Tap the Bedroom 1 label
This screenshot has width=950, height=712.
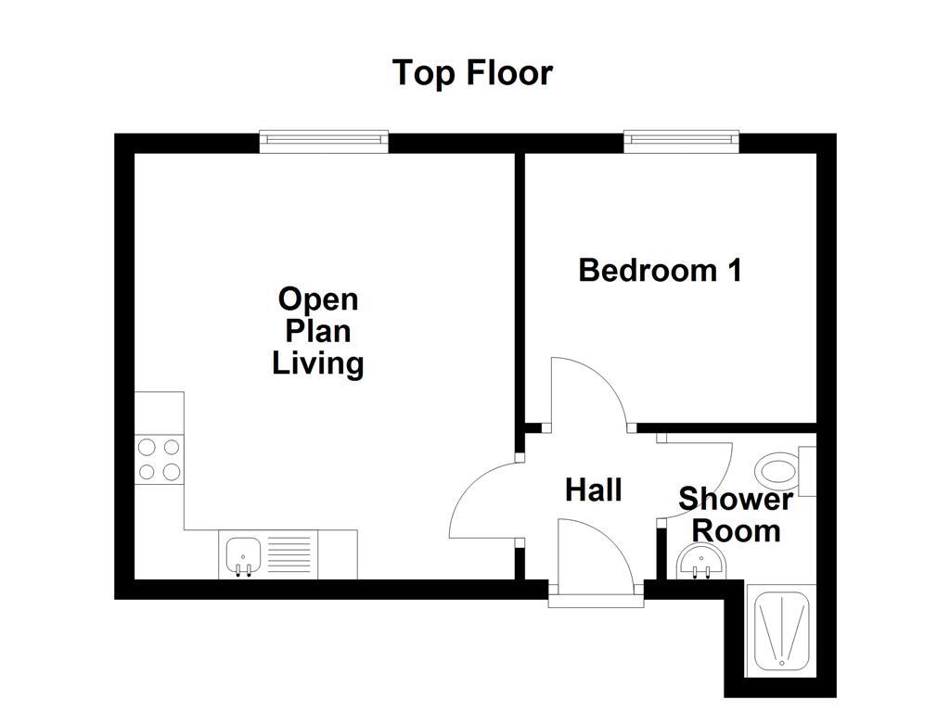(660, 271)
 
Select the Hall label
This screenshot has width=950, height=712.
(593, 490)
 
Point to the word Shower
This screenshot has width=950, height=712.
(736, 501)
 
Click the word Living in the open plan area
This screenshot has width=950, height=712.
(318, 363)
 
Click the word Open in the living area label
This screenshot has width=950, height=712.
(318, 299)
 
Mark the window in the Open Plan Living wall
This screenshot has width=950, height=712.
(324, 140)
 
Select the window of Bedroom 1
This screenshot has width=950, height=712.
(682, 140)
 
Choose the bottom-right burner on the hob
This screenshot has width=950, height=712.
(171, 472)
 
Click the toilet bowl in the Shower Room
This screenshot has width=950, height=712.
(776, 470)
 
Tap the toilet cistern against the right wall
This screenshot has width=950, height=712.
(807, 470)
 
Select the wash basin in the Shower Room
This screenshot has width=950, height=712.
(701, 561)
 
